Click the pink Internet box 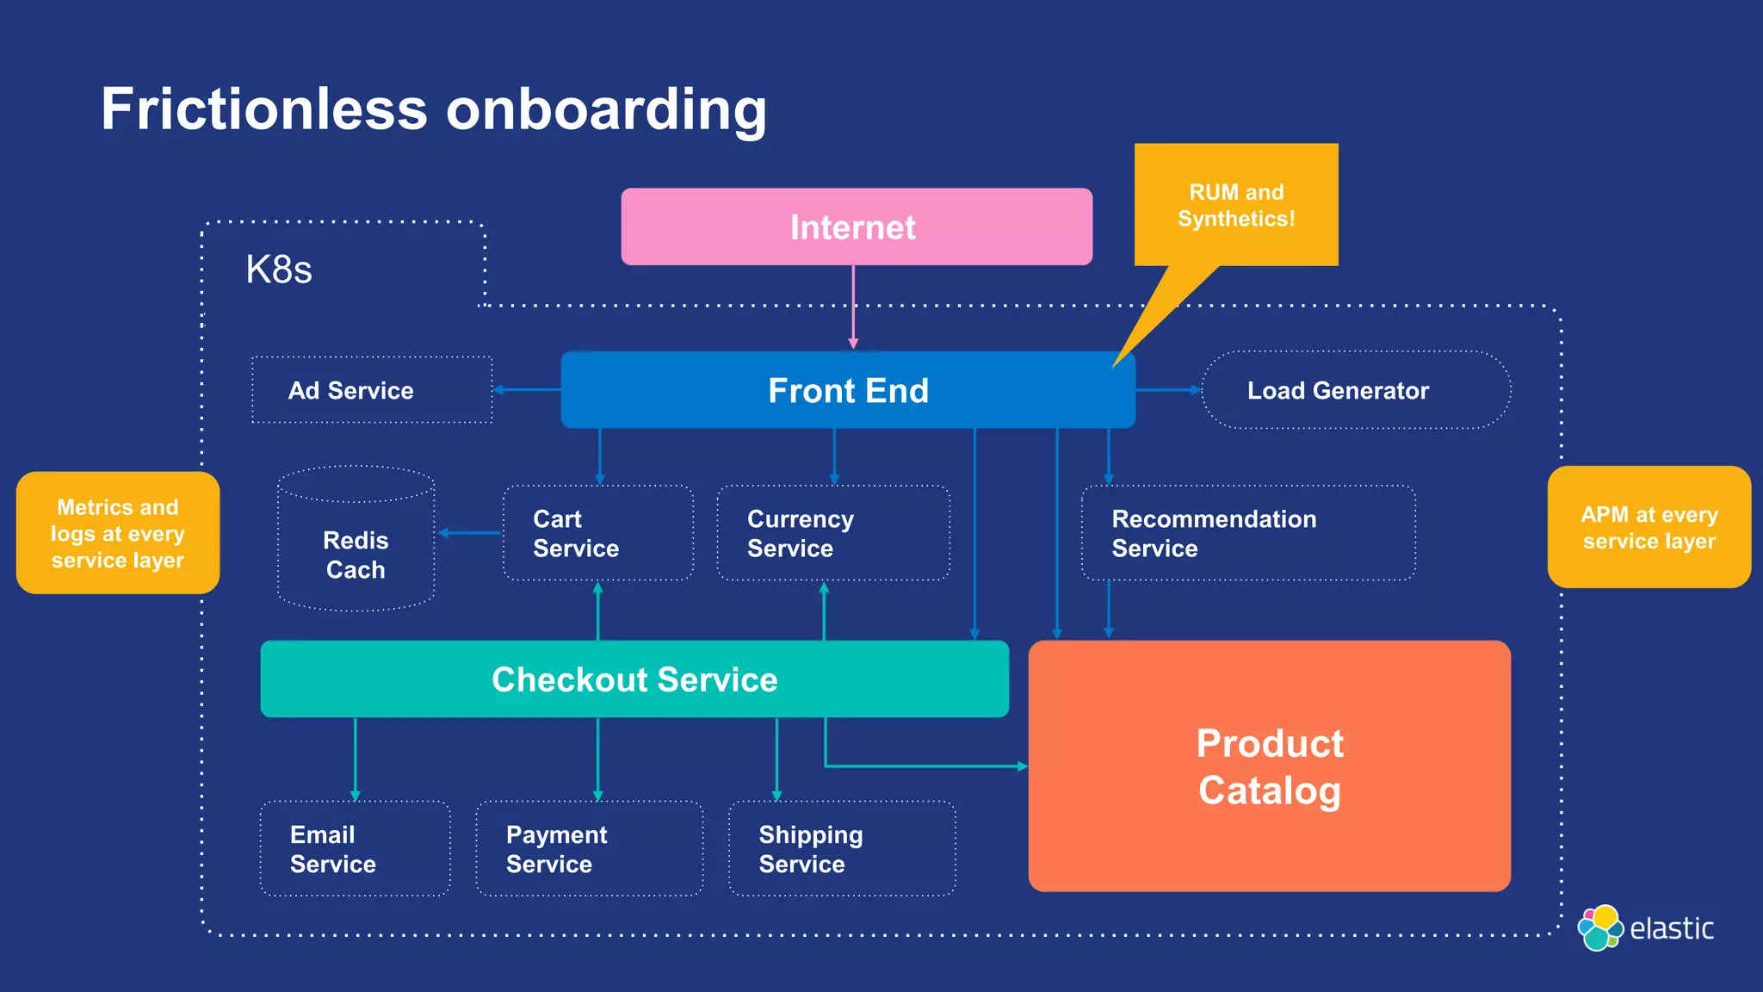(x=857, y=226)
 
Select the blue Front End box (x=848, y=390)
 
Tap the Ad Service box (x=372, y=390)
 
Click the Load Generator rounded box (x=1355, y=390)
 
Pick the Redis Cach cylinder (x=356, y=551)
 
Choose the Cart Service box (x=598, y=533)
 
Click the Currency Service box (x=833, y=533)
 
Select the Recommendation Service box (x=1248, y=533)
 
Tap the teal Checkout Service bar (x=634, y=679)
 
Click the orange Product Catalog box (x=1269, y=766)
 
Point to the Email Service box (x=355, y=849)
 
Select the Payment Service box (x=590, y=849)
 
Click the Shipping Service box (x=842, y=849)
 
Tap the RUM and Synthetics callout (x=1236, y=205)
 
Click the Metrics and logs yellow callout (x=118, y=533)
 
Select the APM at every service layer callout (x=1649, y=527)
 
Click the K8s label (x=278, y=270)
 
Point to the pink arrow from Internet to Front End (x=853, y=306)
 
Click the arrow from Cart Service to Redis (x=469, y=533)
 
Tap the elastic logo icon (x=1599, y=928)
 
